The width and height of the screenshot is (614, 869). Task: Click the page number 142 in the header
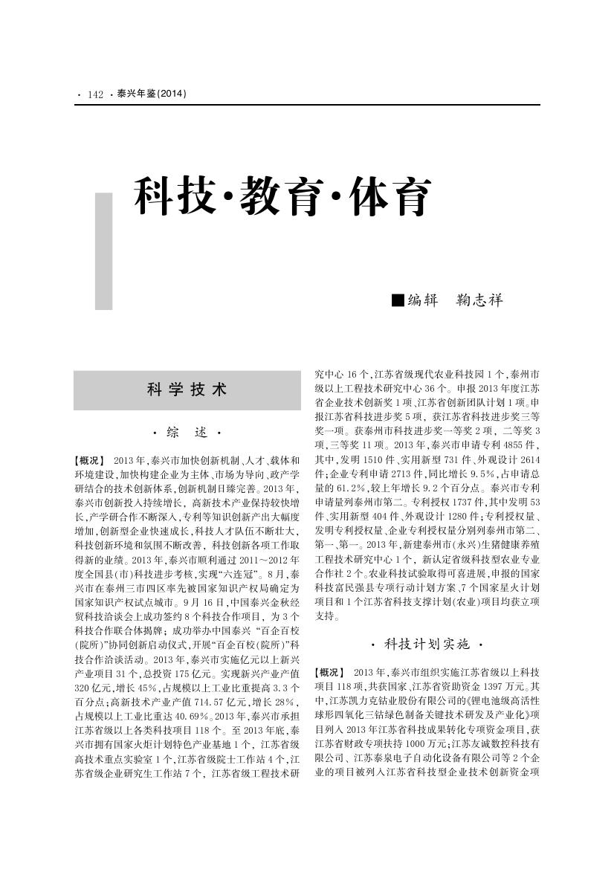pos(95,94)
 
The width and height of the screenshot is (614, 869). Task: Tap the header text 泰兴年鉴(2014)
pos(152,94)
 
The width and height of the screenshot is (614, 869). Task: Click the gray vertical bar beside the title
pos(103,251)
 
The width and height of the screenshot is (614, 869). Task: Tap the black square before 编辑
pos(398,300)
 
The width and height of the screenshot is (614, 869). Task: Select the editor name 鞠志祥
pos(479,300)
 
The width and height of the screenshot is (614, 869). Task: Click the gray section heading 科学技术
pos(187,390)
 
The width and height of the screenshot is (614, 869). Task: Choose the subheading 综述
pos(187,432)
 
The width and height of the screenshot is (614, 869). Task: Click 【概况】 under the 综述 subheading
pos(90,462)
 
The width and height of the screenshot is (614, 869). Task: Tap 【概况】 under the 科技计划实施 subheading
pos(330,672)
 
